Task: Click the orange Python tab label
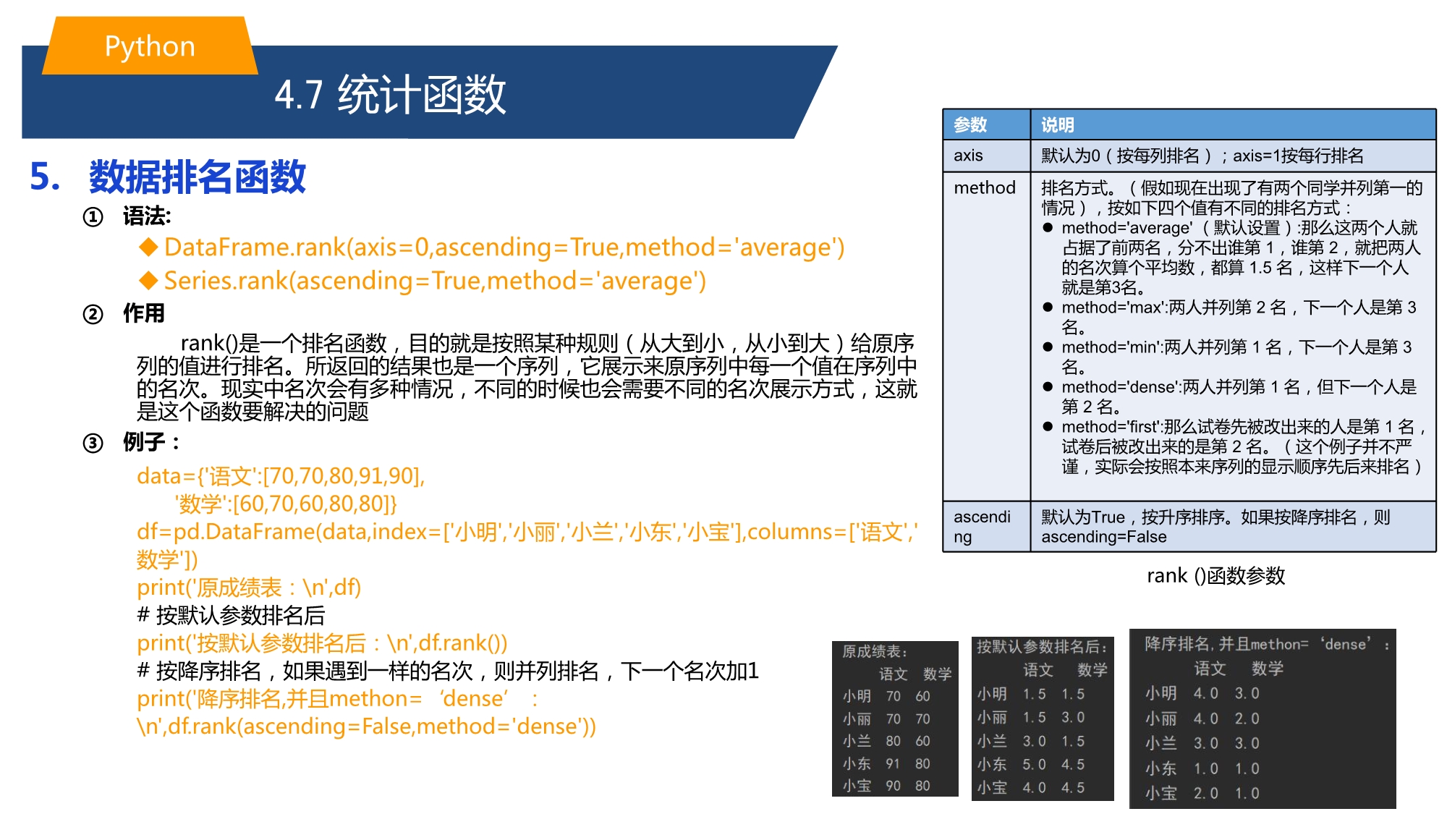(150, 46)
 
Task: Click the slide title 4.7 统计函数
(390, 94)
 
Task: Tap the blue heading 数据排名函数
(198, 177)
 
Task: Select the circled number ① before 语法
(93, 216)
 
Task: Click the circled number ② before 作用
(93, 314)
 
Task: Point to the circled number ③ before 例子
(93, 442)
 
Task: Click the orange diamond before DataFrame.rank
(148, 247)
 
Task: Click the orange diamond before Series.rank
(148, 281)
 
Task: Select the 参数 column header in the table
(970, 124)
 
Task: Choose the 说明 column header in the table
(1057, 124)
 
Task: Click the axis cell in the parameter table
(968, 156)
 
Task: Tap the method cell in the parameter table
(985, 188)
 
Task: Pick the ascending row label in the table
(982, 527)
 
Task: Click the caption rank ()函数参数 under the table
(1215, 576)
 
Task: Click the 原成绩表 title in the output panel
(874, 651)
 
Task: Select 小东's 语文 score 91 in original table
(893, 763)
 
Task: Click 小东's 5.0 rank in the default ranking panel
(1034, 764)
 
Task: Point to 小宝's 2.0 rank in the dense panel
(1206, 793)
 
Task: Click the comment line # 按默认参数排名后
(231, 615)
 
